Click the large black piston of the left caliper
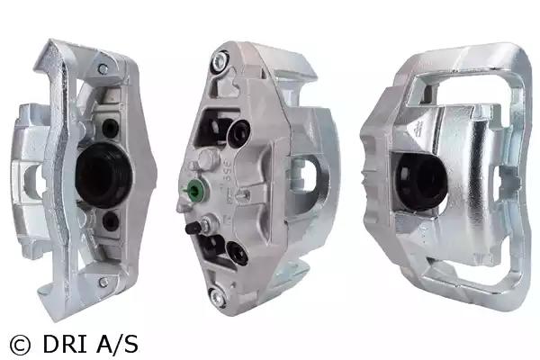tap(103, 175)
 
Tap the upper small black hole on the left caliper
tap(110, 128)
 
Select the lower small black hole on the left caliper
tap(111, 221)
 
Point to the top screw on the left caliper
tap(103, 69)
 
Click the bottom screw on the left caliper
tap(103, 283)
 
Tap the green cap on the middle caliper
tap(194, 189)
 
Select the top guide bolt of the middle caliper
tap(220, 62)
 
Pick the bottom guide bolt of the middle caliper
tap(219, 297)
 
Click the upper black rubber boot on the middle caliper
tap(238, 134)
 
